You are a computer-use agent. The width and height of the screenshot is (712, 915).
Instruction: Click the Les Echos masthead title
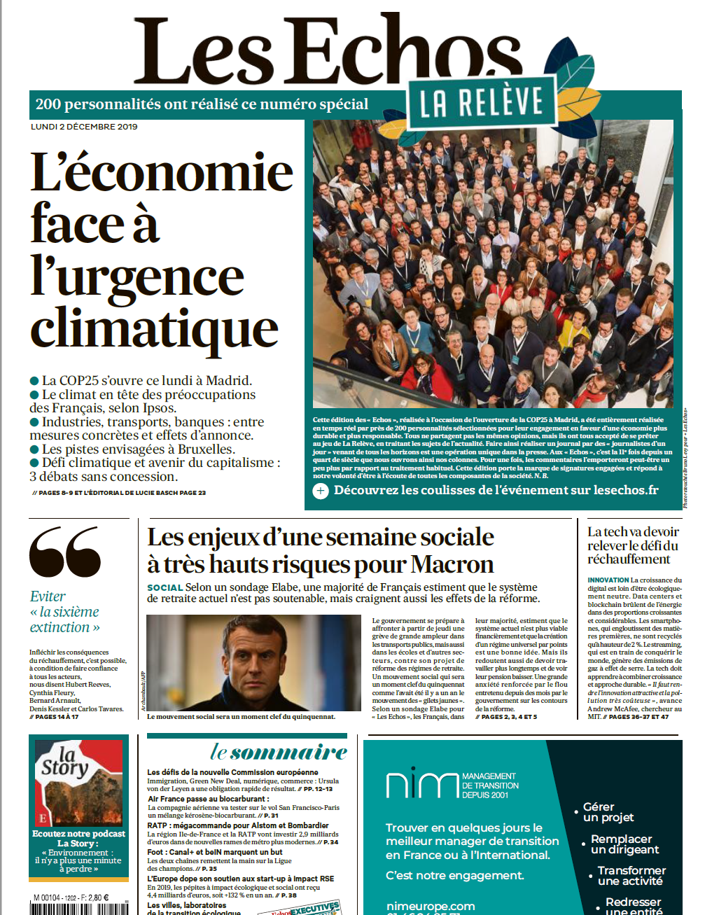[x=328, y=50]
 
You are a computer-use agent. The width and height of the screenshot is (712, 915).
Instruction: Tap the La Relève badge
[x=482, y=102]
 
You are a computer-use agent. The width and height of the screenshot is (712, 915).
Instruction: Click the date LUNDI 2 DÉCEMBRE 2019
[x=84, y=127]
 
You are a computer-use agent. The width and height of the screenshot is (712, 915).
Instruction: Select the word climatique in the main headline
[x=154, y=328]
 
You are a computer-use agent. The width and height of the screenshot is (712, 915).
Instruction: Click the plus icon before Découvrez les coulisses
[x=321, y=491]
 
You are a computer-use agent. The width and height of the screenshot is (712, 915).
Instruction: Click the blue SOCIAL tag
[x=165, y=587]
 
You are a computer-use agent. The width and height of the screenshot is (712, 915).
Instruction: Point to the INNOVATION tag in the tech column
[x=608, y=580]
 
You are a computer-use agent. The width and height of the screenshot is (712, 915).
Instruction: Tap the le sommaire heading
[x=279, y=753]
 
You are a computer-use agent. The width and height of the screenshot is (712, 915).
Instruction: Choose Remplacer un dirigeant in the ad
[x=624, y=844]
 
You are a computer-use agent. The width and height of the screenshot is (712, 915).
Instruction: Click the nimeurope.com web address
[x=431, y=906]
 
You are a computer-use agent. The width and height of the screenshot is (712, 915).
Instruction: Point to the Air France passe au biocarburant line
[x=207, y=798]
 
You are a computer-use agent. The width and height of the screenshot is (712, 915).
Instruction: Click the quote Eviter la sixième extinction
[x=64, y=612]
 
